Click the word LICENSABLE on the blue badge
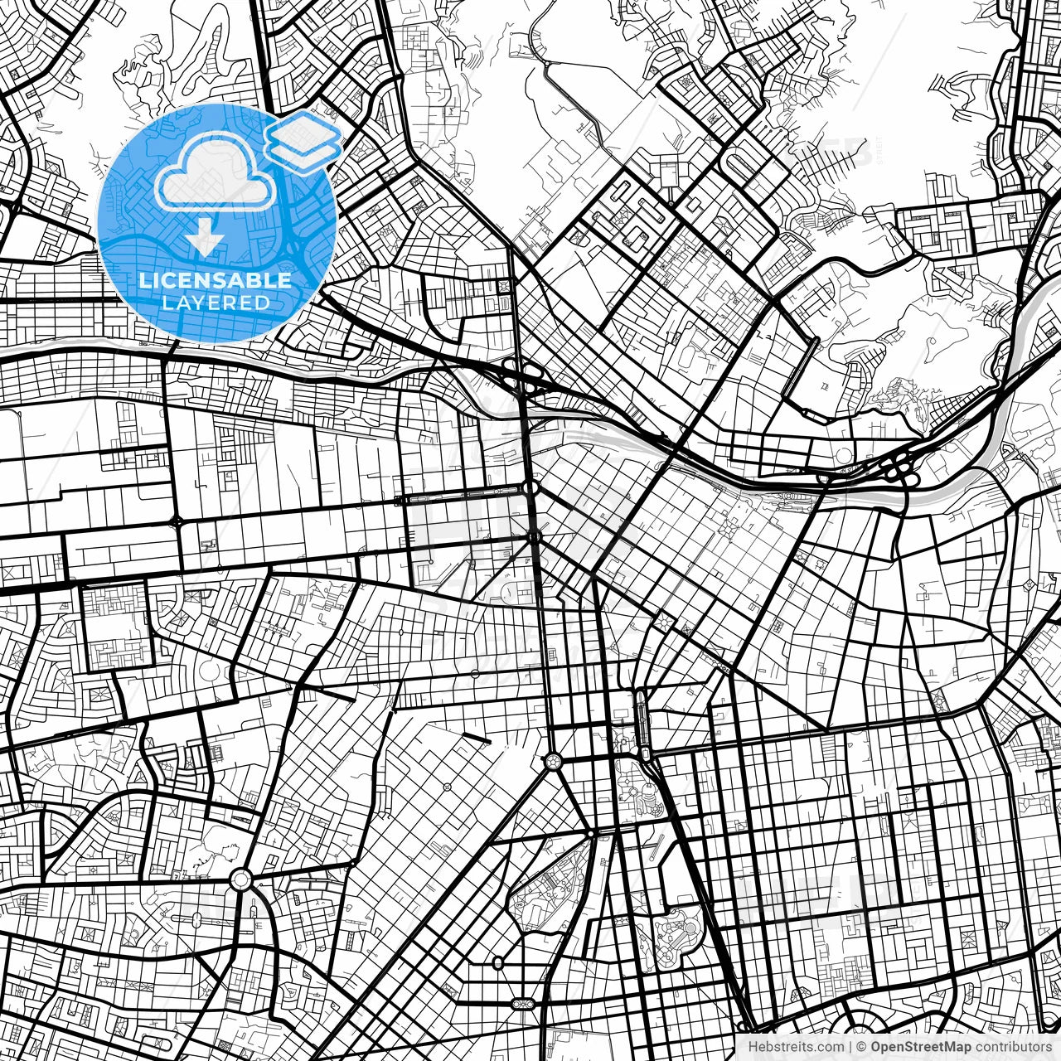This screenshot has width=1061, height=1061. point(216,280)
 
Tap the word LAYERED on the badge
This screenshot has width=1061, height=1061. point(216,303)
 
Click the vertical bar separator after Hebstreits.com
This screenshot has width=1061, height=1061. point(850,1047)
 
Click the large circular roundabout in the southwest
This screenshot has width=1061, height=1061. point(240,878)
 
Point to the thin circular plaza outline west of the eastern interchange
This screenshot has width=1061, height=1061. point(843,457)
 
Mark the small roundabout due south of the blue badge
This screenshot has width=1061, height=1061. point(177,521)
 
